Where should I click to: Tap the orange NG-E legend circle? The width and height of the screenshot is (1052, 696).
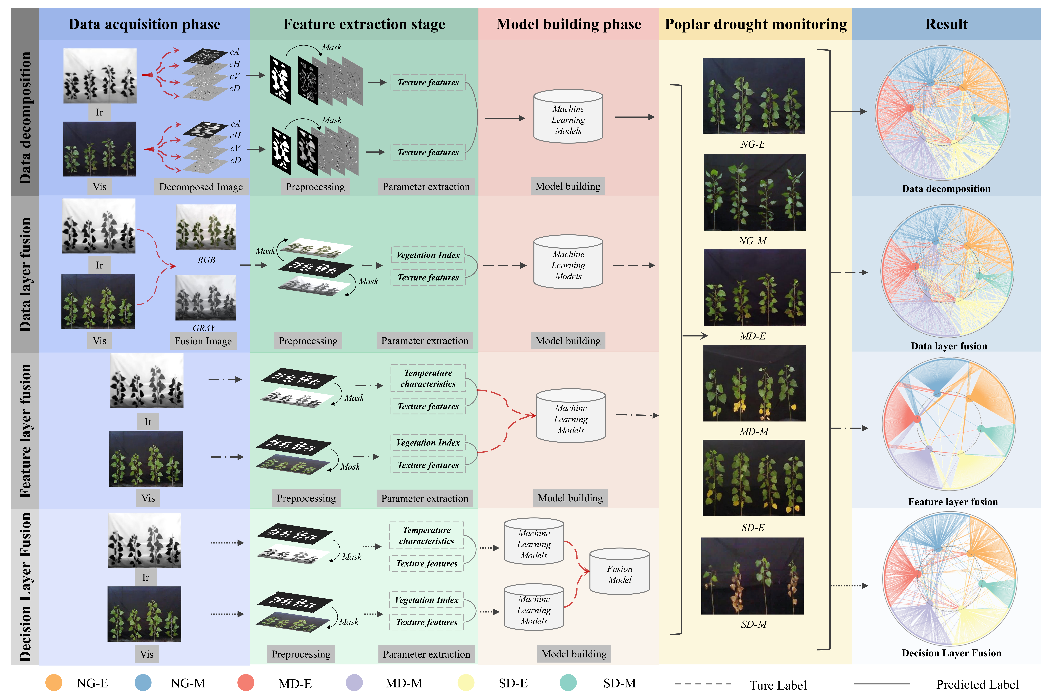(54, 683)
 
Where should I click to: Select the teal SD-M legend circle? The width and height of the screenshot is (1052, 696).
(568, 683)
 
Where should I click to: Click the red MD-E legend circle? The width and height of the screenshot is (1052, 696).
(246, 683)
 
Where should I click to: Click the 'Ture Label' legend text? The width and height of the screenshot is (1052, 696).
(778, 685)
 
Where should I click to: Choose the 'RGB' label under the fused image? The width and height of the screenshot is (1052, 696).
(206, 260)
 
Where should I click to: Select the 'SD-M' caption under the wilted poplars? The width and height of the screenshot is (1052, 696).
(754, 624)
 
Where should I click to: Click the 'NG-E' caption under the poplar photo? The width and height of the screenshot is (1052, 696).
(753, 144)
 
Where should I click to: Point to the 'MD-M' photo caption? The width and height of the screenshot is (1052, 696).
(754, 431)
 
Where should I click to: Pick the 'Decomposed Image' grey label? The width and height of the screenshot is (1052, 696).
(201, 187)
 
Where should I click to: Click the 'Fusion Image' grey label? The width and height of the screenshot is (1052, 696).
(203, 341)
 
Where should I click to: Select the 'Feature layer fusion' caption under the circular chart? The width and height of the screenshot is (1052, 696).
(953, 502)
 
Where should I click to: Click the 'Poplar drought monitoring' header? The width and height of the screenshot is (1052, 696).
(755, 24)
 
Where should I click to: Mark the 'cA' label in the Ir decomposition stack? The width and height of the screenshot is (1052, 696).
(234, 52)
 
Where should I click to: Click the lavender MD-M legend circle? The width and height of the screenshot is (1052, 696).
(354, 683)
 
